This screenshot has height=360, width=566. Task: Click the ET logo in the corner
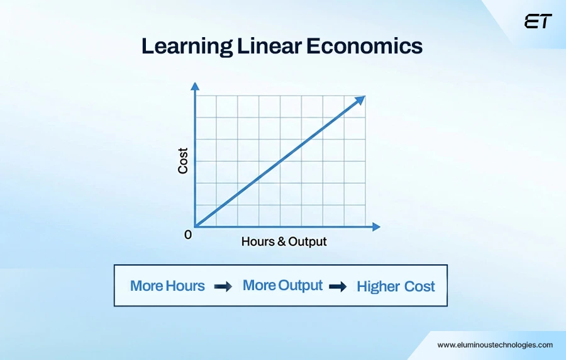point(538,21)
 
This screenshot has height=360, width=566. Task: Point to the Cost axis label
point(183,161)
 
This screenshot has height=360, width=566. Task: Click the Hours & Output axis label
point(284,242)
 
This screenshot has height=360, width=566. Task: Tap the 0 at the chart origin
point(187,235)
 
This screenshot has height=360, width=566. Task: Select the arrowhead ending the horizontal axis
point(376,226)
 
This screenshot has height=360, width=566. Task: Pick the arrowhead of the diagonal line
point(360,100)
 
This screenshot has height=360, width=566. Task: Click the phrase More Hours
point(167,286)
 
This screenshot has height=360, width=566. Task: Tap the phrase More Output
point(282,285)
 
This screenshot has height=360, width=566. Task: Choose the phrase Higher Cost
point(396,286)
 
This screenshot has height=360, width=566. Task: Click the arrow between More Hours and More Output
point(223,286)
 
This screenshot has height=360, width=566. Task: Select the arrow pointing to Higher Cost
point(338,286)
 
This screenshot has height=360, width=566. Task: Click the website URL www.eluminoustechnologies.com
point(495,345)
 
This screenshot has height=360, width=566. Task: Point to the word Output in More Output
point(301,285)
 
